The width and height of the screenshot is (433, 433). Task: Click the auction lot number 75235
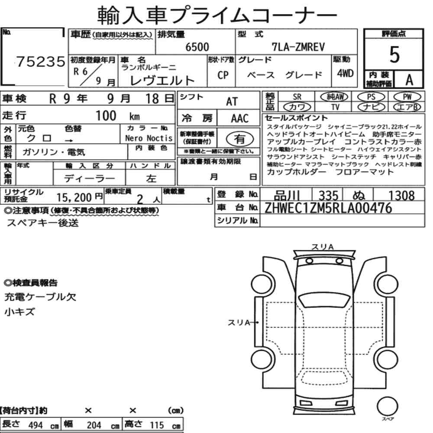tap(41, 61)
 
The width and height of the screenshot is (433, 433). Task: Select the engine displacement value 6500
tap(197, 47)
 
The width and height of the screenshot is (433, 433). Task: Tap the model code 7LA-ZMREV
tap(298, 47)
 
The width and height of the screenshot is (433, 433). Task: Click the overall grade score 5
tap(394, 55)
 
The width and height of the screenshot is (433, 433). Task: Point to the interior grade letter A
tap(409, 80)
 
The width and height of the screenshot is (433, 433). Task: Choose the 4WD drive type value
tap(345, 73)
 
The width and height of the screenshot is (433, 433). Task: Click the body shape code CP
tap(223, 75)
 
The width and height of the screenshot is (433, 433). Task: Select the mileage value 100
tap(106, 116)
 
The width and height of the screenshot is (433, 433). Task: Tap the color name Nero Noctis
tap(149, 138)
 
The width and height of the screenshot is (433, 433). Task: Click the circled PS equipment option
tap(371, 97)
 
